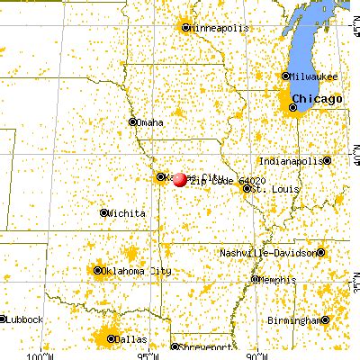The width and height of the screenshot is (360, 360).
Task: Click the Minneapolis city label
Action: click(219, 27)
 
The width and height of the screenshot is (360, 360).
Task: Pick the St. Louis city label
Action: click(270, 190)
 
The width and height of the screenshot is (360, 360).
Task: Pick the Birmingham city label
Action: click(296, 320)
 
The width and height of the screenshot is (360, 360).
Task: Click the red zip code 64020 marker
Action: click(180, 179)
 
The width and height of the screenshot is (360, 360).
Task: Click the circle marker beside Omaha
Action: click(133, 122)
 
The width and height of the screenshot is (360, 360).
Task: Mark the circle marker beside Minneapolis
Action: click(186, 27)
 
